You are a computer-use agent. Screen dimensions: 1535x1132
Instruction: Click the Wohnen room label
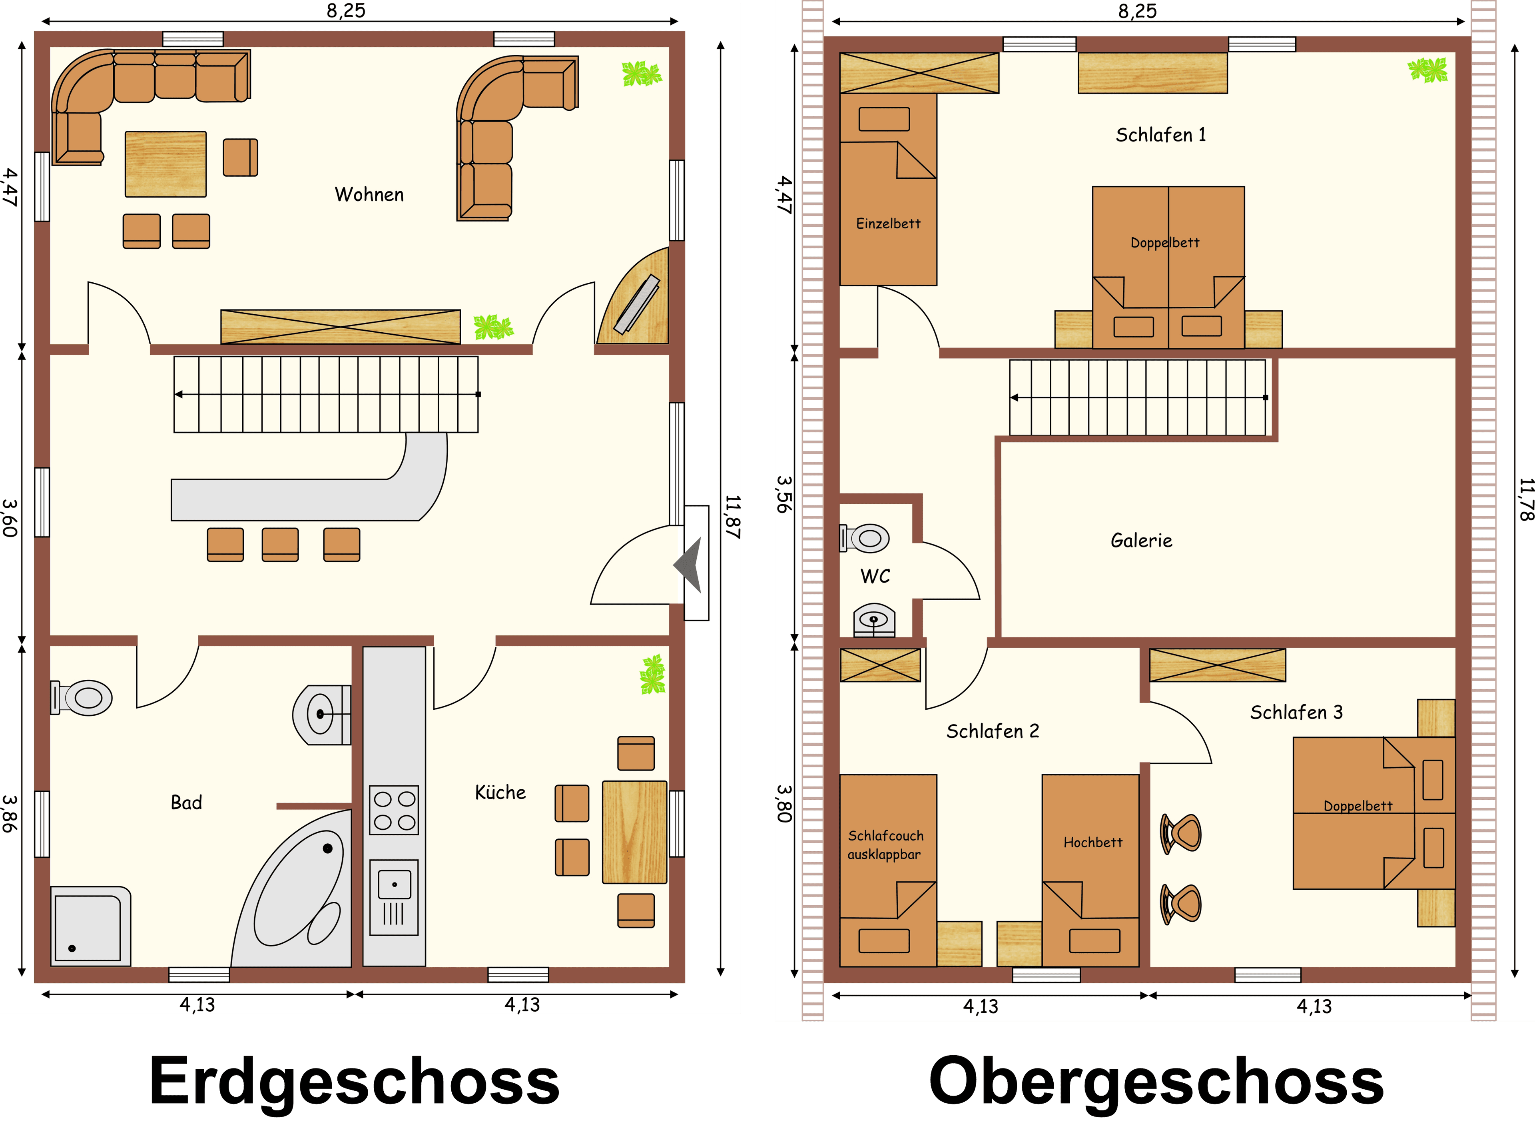369,195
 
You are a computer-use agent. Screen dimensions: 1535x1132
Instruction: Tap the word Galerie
1141,541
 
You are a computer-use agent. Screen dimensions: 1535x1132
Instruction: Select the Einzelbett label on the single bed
888,224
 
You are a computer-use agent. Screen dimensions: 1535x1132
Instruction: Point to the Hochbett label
1092,842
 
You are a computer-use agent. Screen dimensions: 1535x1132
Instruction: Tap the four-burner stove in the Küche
394,810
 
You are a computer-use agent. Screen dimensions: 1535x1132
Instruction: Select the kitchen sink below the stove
394,898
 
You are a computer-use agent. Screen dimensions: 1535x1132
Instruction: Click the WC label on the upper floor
875,576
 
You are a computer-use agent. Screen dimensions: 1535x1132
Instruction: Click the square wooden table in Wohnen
166,164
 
